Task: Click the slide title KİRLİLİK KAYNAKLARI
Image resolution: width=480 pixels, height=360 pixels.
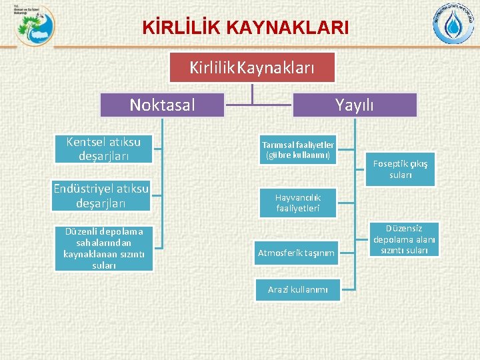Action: point(245,28)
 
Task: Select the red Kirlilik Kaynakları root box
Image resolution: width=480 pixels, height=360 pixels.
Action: point(252,67)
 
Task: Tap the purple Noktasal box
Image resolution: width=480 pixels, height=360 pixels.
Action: point(162,105)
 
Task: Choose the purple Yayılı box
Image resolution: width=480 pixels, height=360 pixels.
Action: point(354,105)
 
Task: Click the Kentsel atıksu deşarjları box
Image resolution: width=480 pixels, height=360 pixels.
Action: point(103,149)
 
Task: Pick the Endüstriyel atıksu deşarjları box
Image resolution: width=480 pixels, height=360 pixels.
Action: point(101,195)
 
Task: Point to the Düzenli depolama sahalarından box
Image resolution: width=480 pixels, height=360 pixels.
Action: point(103,248)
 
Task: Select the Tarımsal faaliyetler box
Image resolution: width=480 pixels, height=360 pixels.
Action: point(298,150)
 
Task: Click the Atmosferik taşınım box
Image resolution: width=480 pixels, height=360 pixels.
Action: point(296,253)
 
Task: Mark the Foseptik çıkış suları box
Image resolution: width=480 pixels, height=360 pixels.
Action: point(400,169)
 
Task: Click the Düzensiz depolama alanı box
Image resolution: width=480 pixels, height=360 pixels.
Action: point(405,239)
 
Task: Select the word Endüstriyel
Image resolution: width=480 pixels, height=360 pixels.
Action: point(85,188)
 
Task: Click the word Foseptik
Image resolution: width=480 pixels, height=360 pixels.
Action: point(391,163)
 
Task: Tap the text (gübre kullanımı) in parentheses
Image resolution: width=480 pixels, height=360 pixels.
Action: point(298,155)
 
